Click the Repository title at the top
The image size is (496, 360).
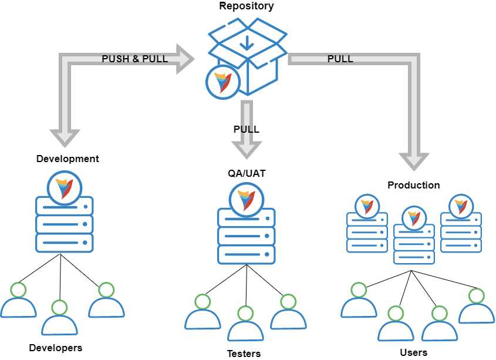[x=246, y=6]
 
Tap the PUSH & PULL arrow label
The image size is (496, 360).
[x=134, y=59]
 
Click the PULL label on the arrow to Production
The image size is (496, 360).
[x=340, y=59]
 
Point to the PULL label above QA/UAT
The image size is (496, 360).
[x=246, y=129]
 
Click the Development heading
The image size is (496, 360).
[x=68, y=159]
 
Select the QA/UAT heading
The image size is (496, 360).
[x=246, y=173]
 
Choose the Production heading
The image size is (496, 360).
[x=413, y=185]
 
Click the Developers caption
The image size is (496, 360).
[x=56, y=348]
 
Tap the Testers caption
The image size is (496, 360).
[x=244, y=354]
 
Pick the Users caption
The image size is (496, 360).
[x=413, y=352]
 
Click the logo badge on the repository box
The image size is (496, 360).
[x=222, y=82]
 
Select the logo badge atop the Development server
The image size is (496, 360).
[x=64, y=187]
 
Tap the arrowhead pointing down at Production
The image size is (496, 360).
[x=414, y=161]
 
